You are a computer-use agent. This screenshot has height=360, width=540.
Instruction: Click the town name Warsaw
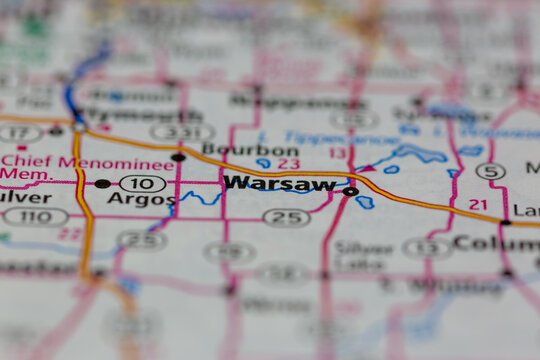280,183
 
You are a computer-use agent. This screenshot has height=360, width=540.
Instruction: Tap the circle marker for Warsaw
350,191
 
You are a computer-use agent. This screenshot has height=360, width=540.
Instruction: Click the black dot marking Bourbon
178,157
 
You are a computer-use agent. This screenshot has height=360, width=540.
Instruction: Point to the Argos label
141,199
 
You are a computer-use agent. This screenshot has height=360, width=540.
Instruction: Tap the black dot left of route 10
102,184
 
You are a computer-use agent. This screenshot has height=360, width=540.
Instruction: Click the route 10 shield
142,183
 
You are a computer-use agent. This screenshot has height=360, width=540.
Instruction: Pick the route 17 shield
19,132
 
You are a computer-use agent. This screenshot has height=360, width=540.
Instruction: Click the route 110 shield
34,216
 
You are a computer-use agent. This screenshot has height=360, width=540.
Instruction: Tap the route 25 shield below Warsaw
286,217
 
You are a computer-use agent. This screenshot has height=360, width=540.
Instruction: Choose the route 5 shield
490,171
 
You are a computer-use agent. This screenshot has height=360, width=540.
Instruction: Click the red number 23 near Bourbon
288,164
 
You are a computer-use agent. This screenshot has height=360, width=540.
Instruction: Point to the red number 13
338,153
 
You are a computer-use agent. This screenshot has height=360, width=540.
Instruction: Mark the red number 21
478,204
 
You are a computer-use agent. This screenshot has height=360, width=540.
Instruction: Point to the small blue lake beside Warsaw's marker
365,202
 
